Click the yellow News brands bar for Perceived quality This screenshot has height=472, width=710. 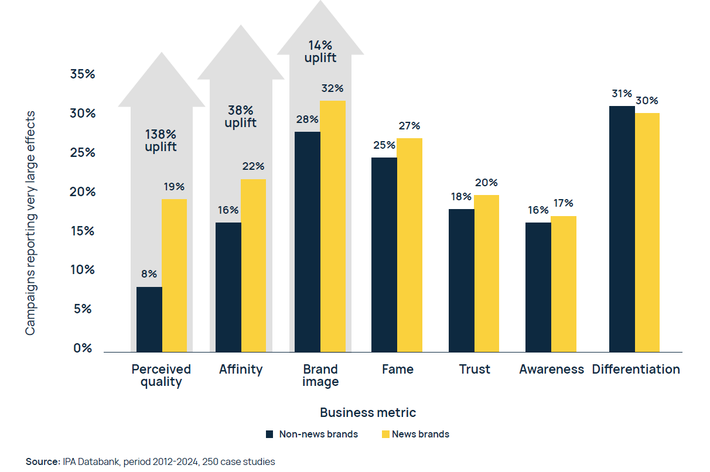point(174,275)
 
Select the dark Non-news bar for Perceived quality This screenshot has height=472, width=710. point(149,319)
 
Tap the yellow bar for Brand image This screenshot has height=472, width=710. point(333,226)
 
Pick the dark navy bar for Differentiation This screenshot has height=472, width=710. point(622,228)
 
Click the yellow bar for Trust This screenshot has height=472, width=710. point(486,273)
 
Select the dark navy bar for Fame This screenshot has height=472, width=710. point(384,254)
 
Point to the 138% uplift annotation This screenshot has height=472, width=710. point(161,140)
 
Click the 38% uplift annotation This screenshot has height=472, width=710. point(241,116)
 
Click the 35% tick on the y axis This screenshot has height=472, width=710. point(82,74)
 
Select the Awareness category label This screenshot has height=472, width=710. point(551,370)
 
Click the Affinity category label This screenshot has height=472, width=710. point(241,370)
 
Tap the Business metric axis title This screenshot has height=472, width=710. point(368,412)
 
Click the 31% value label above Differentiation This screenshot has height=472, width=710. point(622,94)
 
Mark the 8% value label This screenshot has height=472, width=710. point(149,273)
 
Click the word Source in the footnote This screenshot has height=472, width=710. point(43,461)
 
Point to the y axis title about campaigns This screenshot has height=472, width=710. point(30,223)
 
